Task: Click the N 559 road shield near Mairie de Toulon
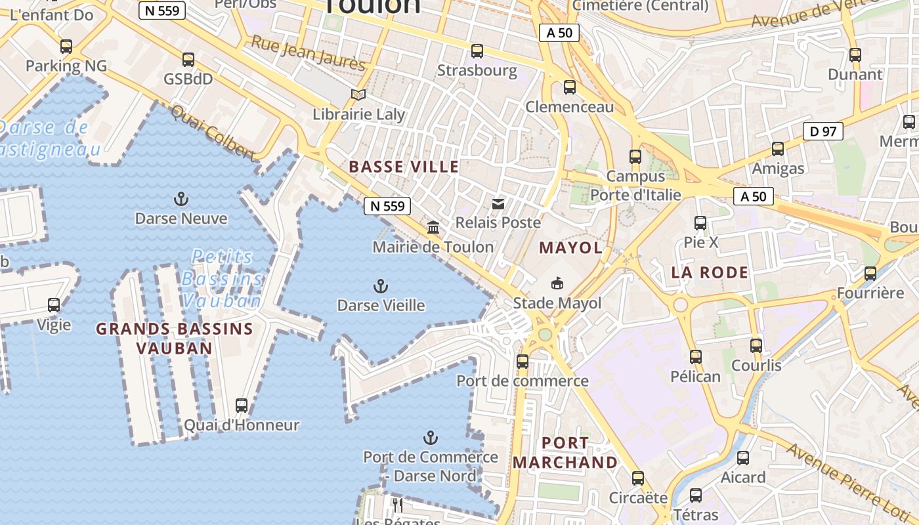(x=387, y=206)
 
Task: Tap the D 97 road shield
(x=823, y=131)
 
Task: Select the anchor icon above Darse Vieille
(x=380, y=286)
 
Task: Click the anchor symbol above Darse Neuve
(x=181, y=199)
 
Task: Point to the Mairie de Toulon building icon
(x=433, y=228)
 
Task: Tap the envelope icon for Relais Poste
(x=498, y=204)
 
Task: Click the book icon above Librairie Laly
(x=358, y=95)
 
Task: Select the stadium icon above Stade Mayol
(x=557, y=283)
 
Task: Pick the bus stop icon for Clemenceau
(x=570, y=87)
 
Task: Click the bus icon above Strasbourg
(x=477, y=51)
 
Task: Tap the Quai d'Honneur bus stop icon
(x=242, y=406)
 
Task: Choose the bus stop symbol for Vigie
(x=54, y=305)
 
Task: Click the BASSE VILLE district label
(x=404, y=167)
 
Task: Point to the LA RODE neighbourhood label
(x=710, y=272)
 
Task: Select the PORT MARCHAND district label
(x=565, y=453)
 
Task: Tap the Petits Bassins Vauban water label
(x=223, y=279)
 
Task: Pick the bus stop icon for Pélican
(x=696, y=357)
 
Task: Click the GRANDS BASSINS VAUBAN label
(x=175, y=338)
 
